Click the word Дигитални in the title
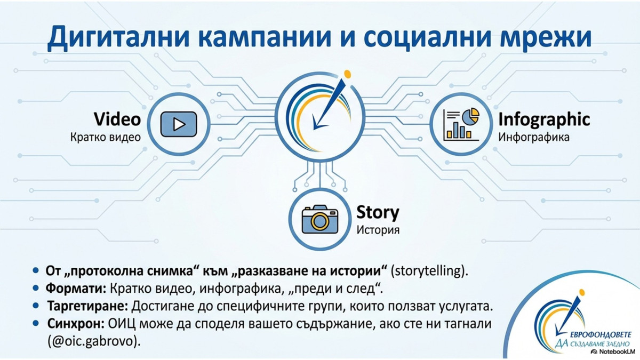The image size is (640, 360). click(118, 37)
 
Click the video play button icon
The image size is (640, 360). click(179, 124)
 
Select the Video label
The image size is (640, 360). click(117, 119)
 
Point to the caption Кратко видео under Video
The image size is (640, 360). click(106, 138)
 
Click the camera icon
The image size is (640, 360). click(320, 219)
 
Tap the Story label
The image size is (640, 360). click(378, 213)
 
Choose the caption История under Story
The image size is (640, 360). click(378, 230)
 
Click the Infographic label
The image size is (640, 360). click(544, 119)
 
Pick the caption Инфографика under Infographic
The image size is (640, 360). click(534, 138)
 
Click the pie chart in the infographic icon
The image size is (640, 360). click(470, 116)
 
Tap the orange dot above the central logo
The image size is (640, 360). click(347, 74)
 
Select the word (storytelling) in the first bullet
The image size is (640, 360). click(429, 271)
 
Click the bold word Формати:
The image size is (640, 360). click(76, 289)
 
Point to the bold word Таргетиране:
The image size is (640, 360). click(87, 306)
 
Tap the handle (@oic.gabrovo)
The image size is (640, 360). click(94, 341)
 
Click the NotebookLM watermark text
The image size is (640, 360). click(615, 351)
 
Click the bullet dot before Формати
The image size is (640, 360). click(35, 289)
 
